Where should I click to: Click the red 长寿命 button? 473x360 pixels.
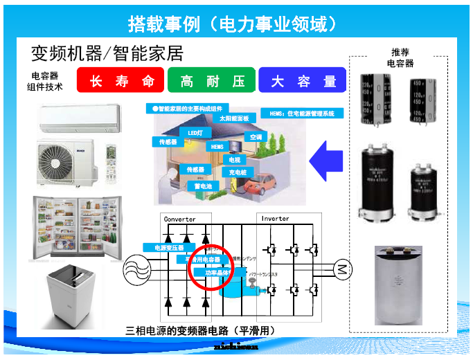tap(120, 81)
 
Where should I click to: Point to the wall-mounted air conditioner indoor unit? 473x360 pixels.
tap(79, 118)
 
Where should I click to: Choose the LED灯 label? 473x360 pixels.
tap(195, 132)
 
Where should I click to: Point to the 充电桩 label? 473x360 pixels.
tap(238, 171)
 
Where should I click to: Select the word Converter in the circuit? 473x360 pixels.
tap(179, 219)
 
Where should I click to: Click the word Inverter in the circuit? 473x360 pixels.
tap(275, 219)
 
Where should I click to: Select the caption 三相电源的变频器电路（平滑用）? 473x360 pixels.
tap(200, 330)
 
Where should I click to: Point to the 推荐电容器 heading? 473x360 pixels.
tap(400, 57)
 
